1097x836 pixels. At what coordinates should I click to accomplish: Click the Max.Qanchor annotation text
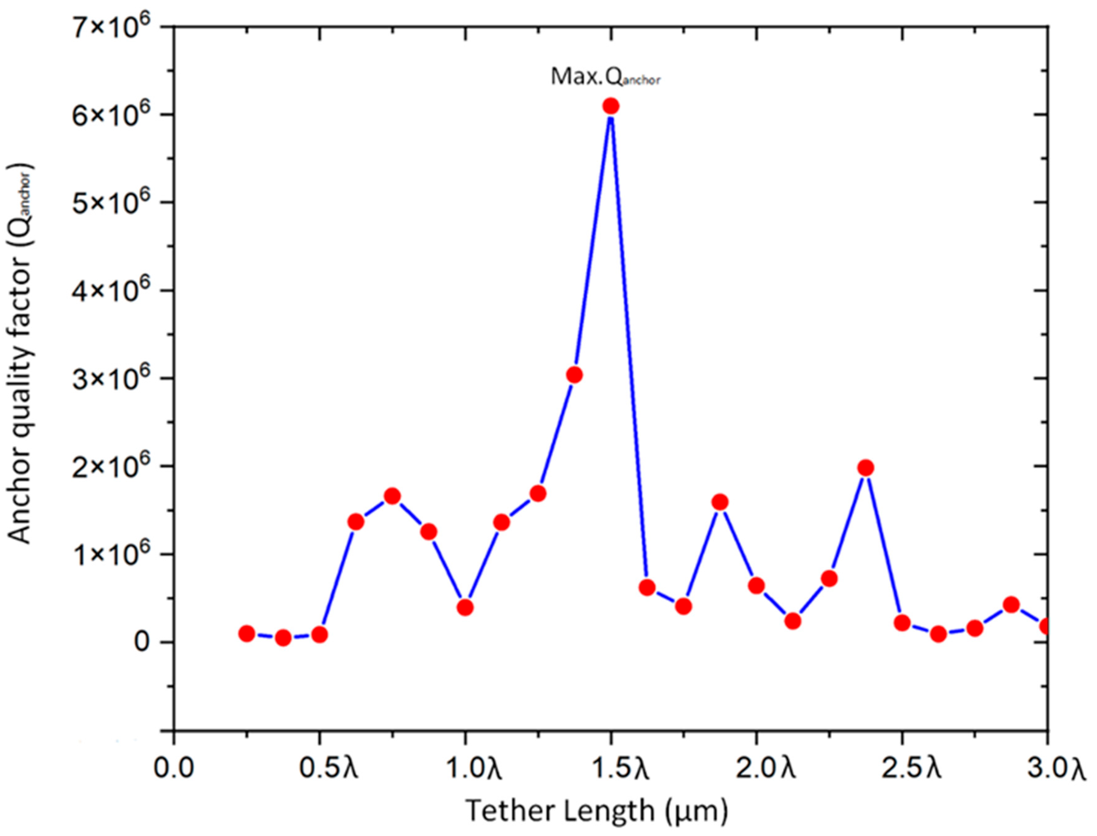pos(605,77)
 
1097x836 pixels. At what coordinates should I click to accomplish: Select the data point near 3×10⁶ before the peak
pos(574,375)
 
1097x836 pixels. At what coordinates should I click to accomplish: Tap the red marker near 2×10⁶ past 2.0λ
pos(866,468)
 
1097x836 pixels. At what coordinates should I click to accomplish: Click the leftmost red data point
pos(247,633)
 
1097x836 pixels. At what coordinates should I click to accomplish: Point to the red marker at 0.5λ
pos(319,635)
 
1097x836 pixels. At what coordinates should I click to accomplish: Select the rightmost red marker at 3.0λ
pos(1046,626)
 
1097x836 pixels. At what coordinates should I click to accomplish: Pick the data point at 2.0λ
pos(756,586)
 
